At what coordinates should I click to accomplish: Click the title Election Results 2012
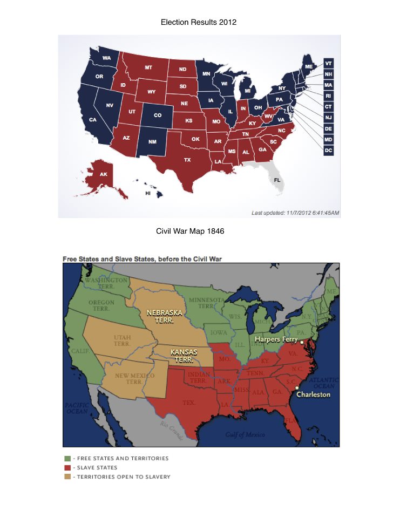pyautogui.click(x=199, y=22)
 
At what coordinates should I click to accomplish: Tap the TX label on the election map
pyautogui.click(x=187, y=160)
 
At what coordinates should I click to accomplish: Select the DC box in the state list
pyautogui.click(x=328, y=150)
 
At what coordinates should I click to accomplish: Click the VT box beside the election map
pyautogui.click(x=328, y=63)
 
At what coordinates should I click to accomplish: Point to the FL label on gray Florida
pyautogui.click(x=277, y=180)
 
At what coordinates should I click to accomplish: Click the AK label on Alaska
pyautogui.click(x=103, y=174)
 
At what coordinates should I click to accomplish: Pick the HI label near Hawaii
pyautogui.click(x=148, y=193)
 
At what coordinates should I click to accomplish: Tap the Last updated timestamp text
pyautogui.click(x=295, y=213)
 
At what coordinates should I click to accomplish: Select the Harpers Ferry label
pyautogui.click(x=275, y=339)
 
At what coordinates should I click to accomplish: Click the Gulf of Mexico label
pyautogui.click(x=245, y=434)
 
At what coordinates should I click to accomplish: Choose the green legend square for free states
pyautogui.click(x=67, y=459)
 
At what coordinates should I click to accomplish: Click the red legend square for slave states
pyautogui.click(x=67, y=468)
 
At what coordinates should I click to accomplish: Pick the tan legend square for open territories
pyautogui.click(x=67, y=477)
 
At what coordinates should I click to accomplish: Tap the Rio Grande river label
pyautogui.click(x=172, y=430)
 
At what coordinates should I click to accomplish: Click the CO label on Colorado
pyautogui.click(x=158, y=115)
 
